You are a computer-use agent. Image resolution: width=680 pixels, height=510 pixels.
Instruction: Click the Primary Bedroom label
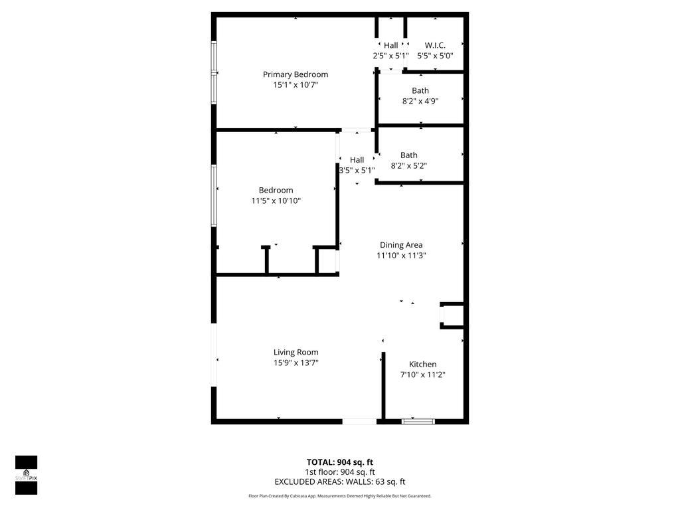click(x=296, y=74)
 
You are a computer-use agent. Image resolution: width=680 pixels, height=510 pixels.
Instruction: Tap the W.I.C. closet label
click(x=435, y=45)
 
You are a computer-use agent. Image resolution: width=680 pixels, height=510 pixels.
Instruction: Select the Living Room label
click(x=296, y=352)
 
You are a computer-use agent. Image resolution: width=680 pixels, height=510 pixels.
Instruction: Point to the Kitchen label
click(x=423, y=365)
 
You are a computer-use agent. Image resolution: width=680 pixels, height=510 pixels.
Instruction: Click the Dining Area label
click(x=401, y=245)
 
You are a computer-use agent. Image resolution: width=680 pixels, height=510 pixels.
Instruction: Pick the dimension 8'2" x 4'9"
click(x=420, y=101)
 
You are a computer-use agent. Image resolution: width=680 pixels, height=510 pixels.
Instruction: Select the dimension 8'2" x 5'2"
click(x=409, y=165)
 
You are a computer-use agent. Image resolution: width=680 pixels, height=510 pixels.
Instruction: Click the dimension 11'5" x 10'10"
click(x=276, y=201)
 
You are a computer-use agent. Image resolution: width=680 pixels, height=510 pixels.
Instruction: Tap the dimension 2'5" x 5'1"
click(x=390, y=56)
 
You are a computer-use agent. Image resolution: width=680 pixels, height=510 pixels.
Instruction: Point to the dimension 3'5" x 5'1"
click(x=357, y=171)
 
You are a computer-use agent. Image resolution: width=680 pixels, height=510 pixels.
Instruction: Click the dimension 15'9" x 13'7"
click(x=296, y=363)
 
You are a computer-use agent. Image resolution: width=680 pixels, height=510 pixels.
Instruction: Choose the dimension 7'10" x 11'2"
click(x=423, y=375)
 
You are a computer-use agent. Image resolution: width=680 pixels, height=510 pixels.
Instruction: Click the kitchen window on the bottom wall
click(x=418, y=421)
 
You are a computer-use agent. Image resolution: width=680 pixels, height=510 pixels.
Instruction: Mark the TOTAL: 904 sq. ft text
click(x=340, y=462)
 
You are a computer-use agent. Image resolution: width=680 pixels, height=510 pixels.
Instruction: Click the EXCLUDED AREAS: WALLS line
click(x=340, y=481)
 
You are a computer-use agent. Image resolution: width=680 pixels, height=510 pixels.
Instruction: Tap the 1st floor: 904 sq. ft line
click(x=340, y=472)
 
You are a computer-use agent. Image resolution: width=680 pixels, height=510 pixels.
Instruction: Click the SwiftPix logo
click(x=27, y=475)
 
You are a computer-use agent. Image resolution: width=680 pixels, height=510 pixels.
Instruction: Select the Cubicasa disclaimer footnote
click(x=340, y=495)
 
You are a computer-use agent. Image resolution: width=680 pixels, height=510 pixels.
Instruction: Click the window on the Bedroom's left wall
click(x=214, y=196)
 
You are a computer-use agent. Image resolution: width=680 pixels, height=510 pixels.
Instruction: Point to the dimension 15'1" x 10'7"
click(x=296, y=84)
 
